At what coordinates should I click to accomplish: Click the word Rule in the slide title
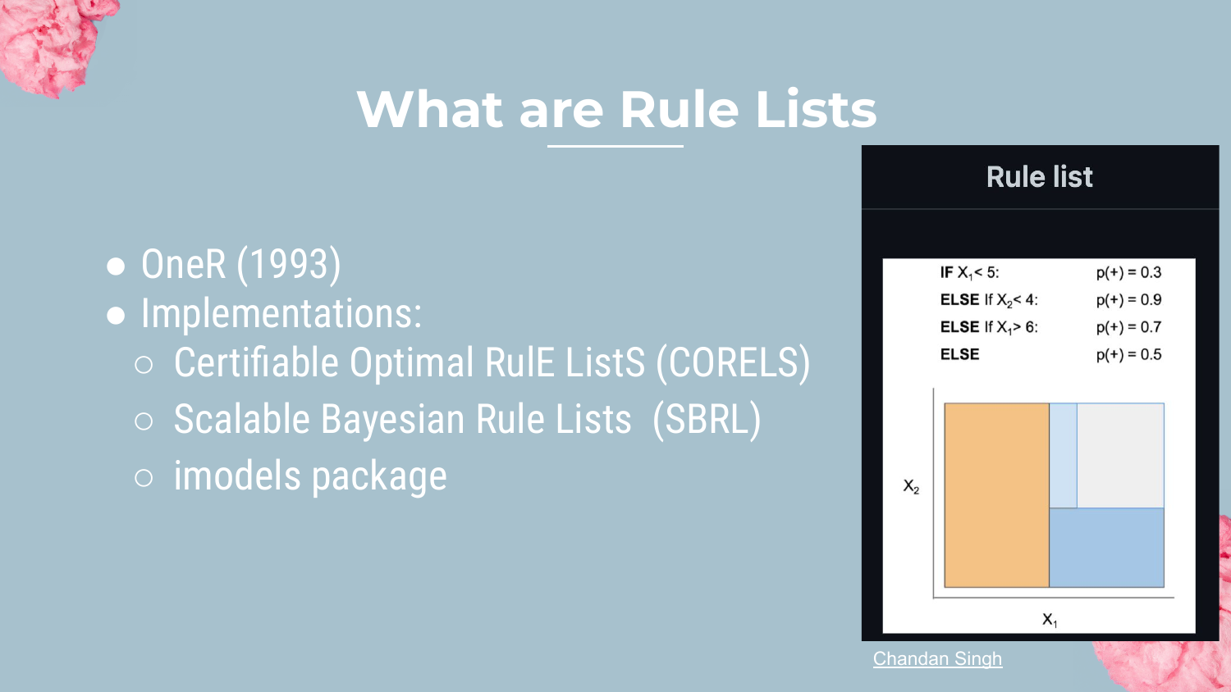click(680, 109)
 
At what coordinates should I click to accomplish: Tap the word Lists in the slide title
click(816, 109)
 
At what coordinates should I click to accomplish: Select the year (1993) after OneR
click(289, 265)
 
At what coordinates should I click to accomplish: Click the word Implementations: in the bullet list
click(281, 313)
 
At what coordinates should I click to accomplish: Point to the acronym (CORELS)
click(733, 362)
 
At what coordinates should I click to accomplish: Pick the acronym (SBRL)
click(707, 420)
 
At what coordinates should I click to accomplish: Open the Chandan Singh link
click(937, 658)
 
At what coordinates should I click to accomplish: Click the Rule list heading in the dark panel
click(1039, 177)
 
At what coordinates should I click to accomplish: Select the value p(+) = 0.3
click(1128, 272)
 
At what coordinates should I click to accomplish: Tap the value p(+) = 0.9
click(1128, 300)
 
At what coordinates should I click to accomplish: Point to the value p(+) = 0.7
click(1128, 327)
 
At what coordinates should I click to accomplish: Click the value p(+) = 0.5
click(1128, 355)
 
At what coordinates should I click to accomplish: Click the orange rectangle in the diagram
click(997, 495)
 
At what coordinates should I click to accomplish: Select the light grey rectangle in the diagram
click(1120, 455)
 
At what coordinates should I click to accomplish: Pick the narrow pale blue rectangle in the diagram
click(1064, 455)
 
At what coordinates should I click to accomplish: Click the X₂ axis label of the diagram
click(911, 486)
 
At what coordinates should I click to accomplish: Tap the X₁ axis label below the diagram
click(1050, 620)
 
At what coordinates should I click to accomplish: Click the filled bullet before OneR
click(116, 266)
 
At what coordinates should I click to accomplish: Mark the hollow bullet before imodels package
click(144, 477)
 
